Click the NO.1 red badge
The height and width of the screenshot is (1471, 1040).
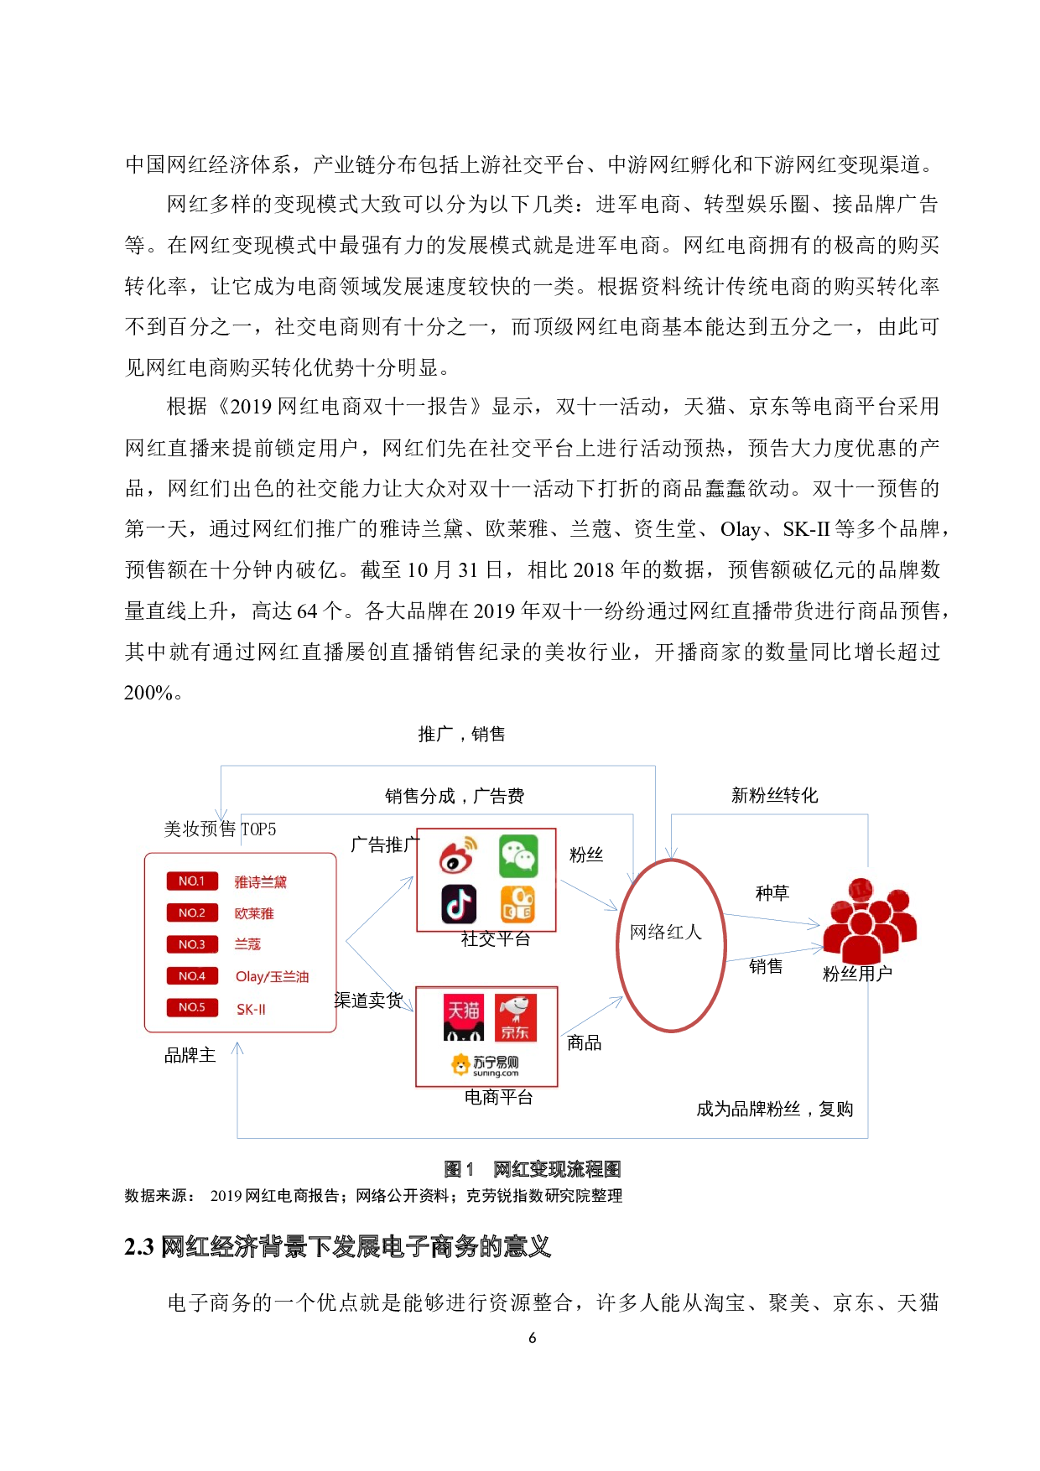(x=192, y=881)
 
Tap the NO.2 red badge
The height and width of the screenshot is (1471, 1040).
(x=192, y=912)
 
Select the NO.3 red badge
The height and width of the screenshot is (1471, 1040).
(x=192, y=944)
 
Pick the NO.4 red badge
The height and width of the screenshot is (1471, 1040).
(x=192, y=976)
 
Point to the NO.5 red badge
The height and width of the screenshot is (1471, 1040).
(x=192, y=1007)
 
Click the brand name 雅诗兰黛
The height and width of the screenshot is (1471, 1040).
(x=261, y=882)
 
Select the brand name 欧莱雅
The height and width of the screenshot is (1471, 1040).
(x=254, y=913)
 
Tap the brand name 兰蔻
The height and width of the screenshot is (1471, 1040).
(x=247, y=944)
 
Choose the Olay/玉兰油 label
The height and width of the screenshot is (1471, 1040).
(x=272, y=977)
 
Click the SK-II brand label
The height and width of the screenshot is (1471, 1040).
(x=251, y=1009)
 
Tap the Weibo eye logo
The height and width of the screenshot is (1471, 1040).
(x=458, y=855)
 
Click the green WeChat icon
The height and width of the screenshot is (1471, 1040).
(x=518, y=856)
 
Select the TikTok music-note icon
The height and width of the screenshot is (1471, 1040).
(x=459, y=904)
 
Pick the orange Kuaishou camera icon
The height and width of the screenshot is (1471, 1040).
(x=518, y=904)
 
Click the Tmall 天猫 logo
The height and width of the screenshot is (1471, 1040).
(x=464, y=1017)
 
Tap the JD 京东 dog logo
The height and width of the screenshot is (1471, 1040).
(x=515, y=1017)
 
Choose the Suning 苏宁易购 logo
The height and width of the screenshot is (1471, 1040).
(x=486, y=1065)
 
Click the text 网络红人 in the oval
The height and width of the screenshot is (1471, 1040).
(x=666, y=932)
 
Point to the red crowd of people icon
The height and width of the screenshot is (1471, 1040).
(x=868, y=920)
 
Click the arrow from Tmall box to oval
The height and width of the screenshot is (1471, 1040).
(x=592, y=1016)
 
